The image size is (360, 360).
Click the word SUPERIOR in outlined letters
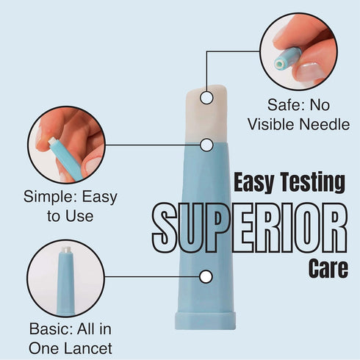pyautogui.click(x=250, y=228)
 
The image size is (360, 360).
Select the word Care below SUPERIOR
pyautogui.click(x=328, y=268)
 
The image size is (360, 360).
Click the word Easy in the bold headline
pyautogui.click(x=253, y=183)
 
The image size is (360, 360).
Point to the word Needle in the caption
pyautogui.click(x=325, y=124)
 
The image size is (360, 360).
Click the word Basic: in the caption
pyautogui.click(x=50, y=328)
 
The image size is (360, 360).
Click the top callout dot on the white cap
pyautogui.click(x=206, y=98)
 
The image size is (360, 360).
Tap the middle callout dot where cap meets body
pyautogui.click(x=206, y=145)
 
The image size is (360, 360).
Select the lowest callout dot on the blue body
pyautogui.click(x=206, y=277)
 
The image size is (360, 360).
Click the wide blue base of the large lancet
pyautogui.click(x=205, y=320)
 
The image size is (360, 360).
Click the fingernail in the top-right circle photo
pyautogui.click(x=308, y=71)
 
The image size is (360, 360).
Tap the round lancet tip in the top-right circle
pyautogui.click(x=280, y=64)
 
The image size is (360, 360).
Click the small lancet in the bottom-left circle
pyautogui.click(x=65, y=281)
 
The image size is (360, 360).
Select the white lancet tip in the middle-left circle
pyautogui.click(x=52, y=141)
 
